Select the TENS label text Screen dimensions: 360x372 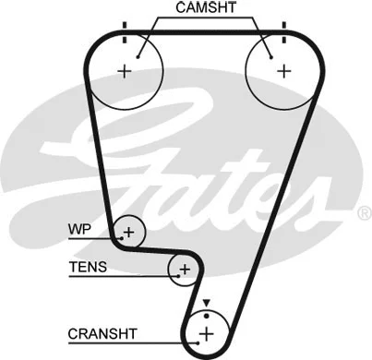tap(88, 268)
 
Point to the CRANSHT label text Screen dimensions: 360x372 tap(102, 330)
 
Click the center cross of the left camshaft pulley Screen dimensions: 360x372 tap(126, 69)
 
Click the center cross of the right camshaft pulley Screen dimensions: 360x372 tap(282, 69)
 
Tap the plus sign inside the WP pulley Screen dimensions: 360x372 tap(129, 232)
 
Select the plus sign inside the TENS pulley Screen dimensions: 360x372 tap(185, 269)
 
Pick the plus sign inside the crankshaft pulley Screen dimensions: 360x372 tap(207, 331)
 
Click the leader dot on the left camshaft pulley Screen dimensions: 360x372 tap(138, 54)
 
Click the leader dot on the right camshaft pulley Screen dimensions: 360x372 tap(269, 54)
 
